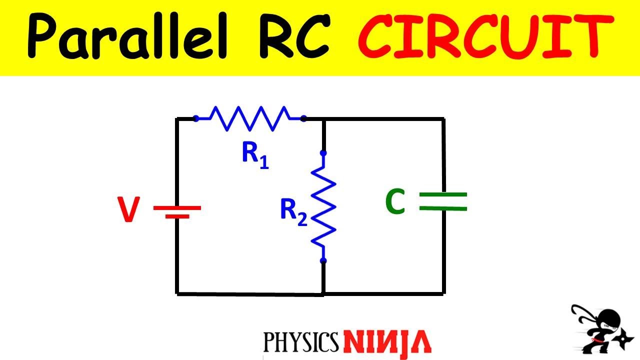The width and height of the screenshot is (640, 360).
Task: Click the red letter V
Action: [128, 210]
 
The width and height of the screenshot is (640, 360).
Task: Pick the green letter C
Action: [395, 202]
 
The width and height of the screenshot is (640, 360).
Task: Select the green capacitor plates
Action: [443, 201]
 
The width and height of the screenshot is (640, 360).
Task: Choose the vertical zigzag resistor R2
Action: [323, 206]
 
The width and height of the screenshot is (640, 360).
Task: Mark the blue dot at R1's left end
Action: [196, 118]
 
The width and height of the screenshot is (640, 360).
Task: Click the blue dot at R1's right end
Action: [303, 118]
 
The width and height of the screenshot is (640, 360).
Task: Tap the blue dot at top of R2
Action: [323, 153]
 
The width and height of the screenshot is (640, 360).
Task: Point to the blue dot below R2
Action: [323, 260]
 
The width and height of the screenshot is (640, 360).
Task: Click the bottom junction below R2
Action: [323, 293]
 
